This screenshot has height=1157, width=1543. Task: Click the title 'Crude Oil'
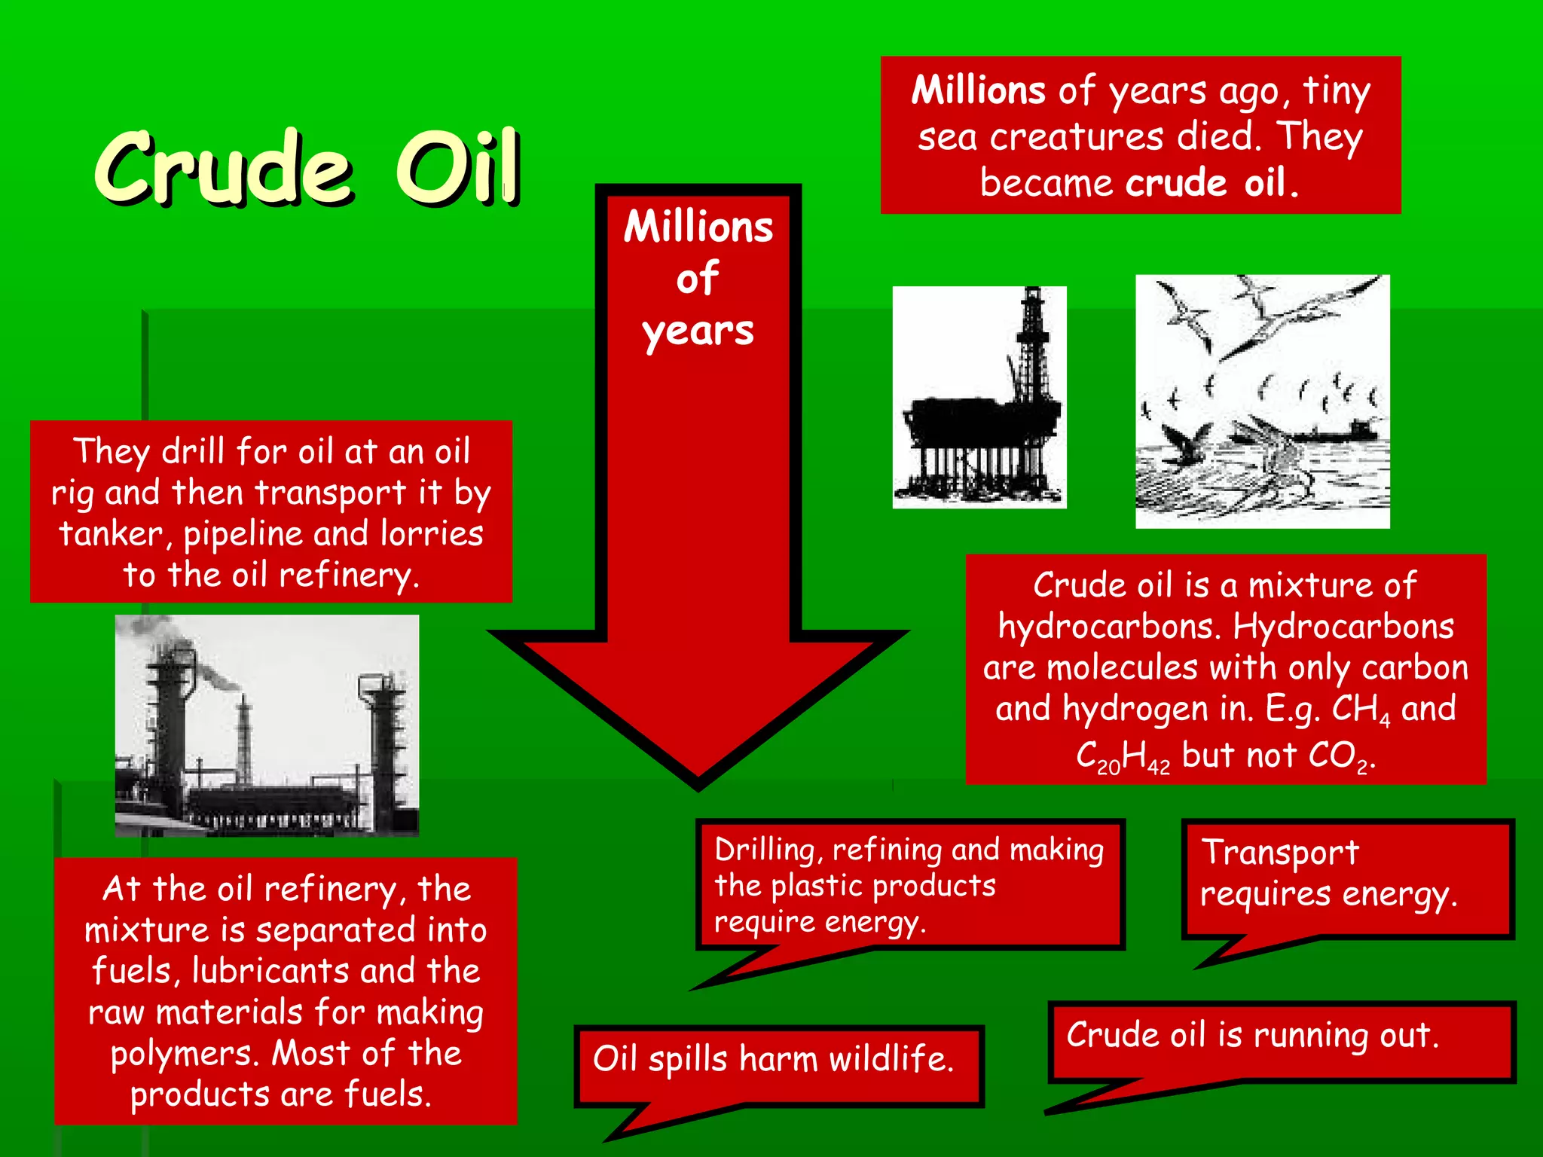[x=307, y=167]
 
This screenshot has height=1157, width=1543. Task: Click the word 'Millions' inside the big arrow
[x=698, y=227]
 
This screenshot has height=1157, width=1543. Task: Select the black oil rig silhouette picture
[x=979, y=398]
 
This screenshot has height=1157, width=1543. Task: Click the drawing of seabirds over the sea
[x=1262, y=401]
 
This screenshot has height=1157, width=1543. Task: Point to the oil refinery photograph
[x=267, y=725]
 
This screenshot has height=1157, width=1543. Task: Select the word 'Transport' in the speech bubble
[x=1280, y=853]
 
